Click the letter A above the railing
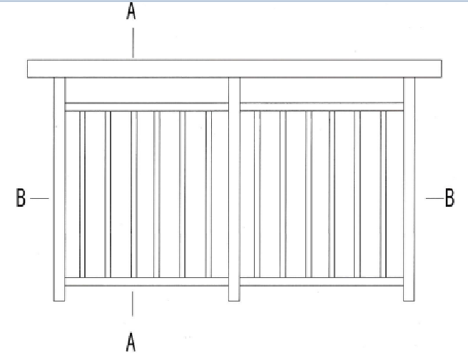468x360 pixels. click(x=132, y=14)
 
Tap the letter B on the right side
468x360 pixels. click(x=449, y=197)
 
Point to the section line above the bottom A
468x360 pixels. click(x=132, y=304)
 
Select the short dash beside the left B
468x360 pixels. click(x=40, y=197)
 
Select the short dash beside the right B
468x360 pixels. click(x=432, y=197)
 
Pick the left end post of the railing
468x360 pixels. click(x=59, y=189)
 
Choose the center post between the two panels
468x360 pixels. click(x=234, y=189)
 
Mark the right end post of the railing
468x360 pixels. click(x=409, y=189)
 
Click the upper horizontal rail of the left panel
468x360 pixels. click(x=146, y=107)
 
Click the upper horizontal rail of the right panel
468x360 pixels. click(x=322, y=107)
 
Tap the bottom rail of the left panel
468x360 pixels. click(x=146, y=282)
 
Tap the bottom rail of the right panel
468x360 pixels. click(x=322, y=282)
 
